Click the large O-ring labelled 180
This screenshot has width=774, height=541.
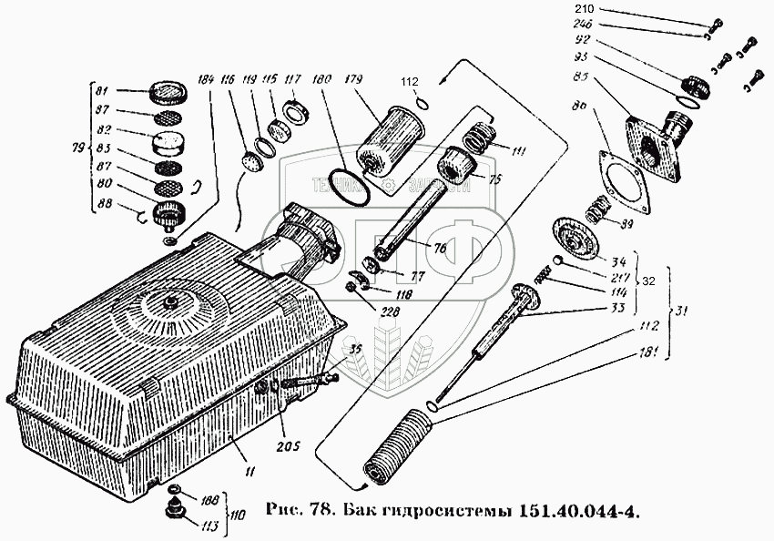[x=350, y=188]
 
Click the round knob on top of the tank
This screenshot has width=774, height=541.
[x=171, y=300]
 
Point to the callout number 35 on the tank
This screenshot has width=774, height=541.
[x=354, y=349]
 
